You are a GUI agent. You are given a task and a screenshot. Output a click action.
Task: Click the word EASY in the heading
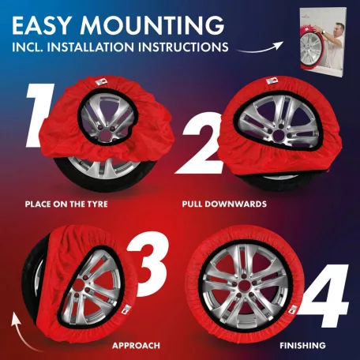41,25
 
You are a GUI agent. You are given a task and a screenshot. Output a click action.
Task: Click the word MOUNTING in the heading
152,25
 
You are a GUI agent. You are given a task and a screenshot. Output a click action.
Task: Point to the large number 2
199,144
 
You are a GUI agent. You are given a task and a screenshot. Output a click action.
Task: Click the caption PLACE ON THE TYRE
66,204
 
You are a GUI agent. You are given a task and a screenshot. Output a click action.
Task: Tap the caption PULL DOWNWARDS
224,204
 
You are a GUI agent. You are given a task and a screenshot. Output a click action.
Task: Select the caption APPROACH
136,345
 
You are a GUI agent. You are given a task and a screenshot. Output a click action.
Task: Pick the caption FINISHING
302,345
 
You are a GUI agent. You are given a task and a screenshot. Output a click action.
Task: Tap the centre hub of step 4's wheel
244,286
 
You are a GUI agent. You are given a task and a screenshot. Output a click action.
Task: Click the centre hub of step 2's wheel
279,134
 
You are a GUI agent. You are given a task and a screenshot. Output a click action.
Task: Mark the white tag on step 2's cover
271,81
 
